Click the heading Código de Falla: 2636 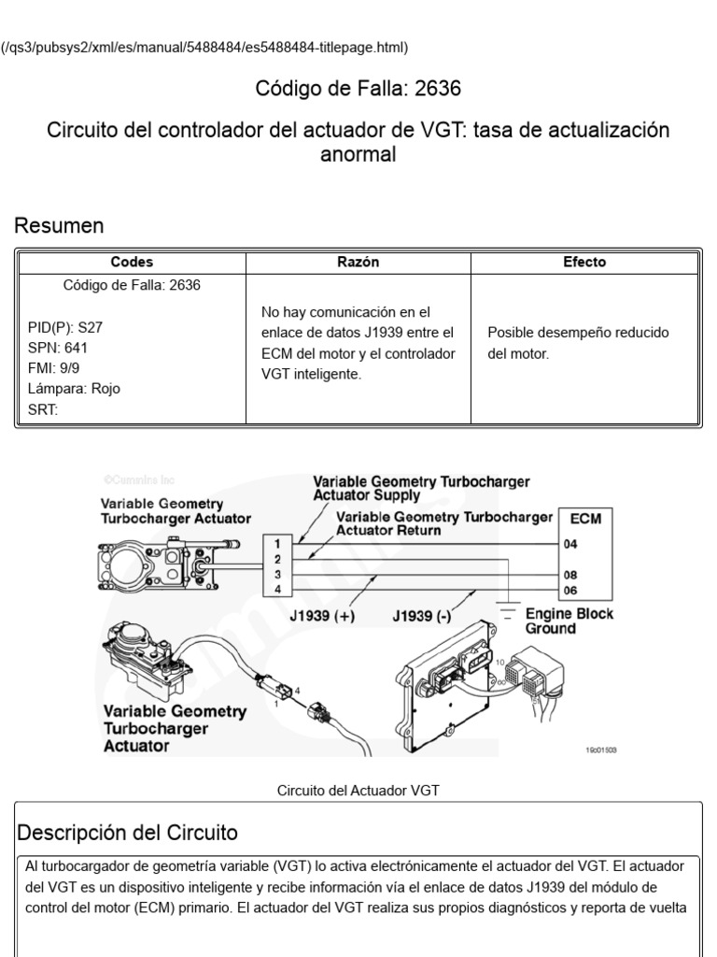pyautogui.click(x=358, y=89)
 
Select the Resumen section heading pyautogui.click(x=58, y=226)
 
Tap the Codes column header pyautogui.click(x=132, y=263)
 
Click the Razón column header pyautogui.click(x=358, y=263)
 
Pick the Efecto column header pyautogui.click(x=584, y=263)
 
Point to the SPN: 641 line pyautogui.click(x=58, y=348)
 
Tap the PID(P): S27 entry pyautogui.click(x=63, y=328)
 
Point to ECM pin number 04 pyautogui.click(x=569, y=543)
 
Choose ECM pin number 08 pyautogui.click(x=569, y=574)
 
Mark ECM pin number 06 pyautogui.click(x=569, y=591)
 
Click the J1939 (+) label pyautogui.click(x=322, y=618)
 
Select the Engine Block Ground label pyautogui.click(x=564, y=621)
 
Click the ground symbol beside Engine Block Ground pyautogui.click(x=508, y=614)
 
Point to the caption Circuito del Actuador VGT pyautogui.click(x=358, y=791)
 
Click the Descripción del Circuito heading pyautogui.click(x=128, y=832)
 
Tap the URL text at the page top pyautogui.click(x=204, y=47)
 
